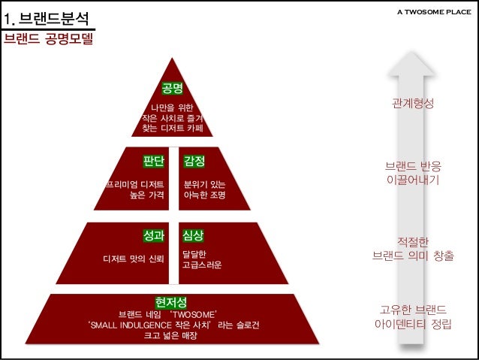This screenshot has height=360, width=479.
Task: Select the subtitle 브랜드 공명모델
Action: pos(49,38)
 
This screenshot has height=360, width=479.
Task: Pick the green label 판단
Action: pos(154,161)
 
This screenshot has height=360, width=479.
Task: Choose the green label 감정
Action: pos(194,161)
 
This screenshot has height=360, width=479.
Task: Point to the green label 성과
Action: pos(154,235)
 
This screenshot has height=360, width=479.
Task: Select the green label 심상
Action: pos(193,235)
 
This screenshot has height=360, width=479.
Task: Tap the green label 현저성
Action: pos(171,302)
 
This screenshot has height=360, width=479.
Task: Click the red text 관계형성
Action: pos(413,103)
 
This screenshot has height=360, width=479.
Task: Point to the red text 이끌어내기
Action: pos(413,180)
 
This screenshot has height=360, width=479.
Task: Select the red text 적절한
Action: pos(413,241)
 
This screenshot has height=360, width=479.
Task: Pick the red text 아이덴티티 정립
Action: pos(413,325)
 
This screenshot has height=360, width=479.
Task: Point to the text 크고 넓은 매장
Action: pos(170,335)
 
